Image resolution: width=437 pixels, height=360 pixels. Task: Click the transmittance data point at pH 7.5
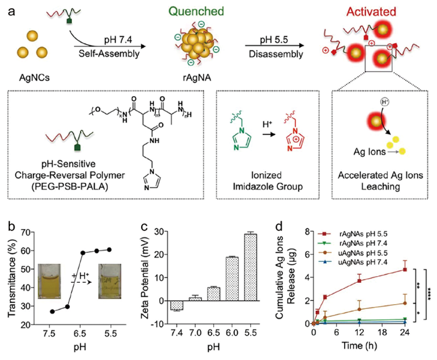tap(52, 312)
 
